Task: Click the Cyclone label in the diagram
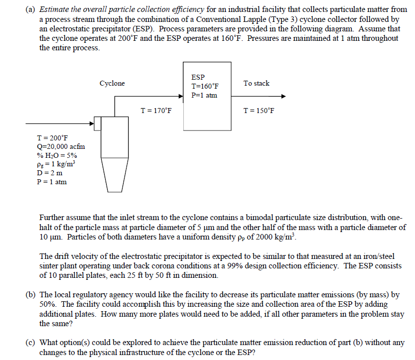point(112,83)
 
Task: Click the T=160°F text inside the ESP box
point(205,86)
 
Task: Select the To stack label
point(257,83)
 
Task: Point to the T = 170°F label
point(156,110)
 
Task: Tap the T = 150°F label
point(258,110)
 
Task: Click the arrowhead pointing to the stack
point(283,97)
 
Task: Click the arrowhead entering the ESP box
point(181,97)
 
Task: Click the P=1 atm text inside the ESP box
point(204,95)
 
